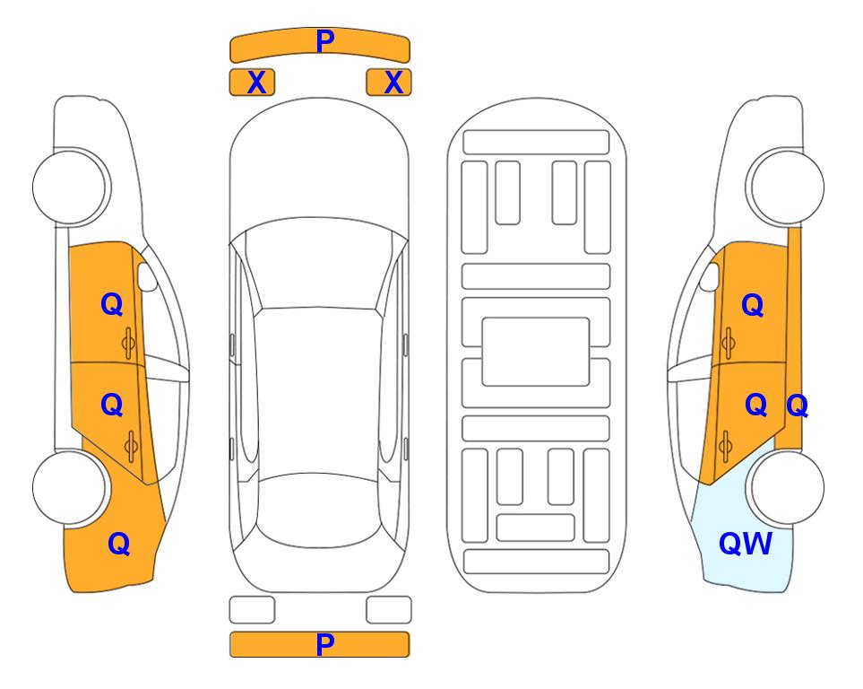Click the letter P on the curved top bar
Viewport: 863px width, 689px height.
(x=325, y=40)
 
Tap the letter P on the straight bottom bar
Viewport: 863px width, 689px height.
(x=325, y=644)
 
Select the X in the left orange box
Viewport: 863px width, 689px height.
(x=256, y=83)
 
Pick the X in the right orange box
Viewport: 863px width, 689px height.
(x=393, y=83)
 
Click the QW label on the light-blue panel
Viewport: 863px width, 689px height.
(x=746, y=544)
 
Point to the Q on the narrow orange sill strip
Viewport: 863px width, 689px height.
(x=797, y=406)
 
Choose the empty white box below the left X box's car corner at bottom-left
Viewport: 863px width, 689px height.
(x=252, y=610)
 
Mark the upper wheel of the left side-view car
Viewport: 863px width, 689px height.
(x=71, y=187)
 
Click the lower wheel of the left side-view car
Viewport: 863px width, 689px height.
(x=70, y=488)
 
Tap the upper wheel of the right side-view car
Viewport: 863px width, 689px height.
(x=785, y=187)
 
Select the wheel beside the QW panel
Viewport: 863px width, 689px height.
(x=786, y=488)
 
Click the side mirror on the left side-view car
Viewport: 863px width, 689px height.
(x=146, y=276)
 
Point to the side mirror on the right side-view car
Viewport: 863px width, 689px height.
(x=710, y=276)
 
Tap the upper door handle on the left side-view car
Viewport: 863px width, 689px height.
(x=128, y=344)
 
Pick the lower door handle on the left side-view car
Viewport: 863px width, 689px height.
(x=131, y=446)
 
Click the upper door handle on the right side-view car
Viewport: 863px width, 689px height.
(x=728, y=344)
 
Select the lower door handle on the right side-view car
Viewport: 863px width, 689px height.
(x=725, y=446)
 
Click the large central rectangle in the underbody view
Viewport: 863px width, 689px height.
(x=536, y=352)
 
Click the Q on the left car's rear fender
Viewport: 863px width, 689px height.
(x=119, y=544)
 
